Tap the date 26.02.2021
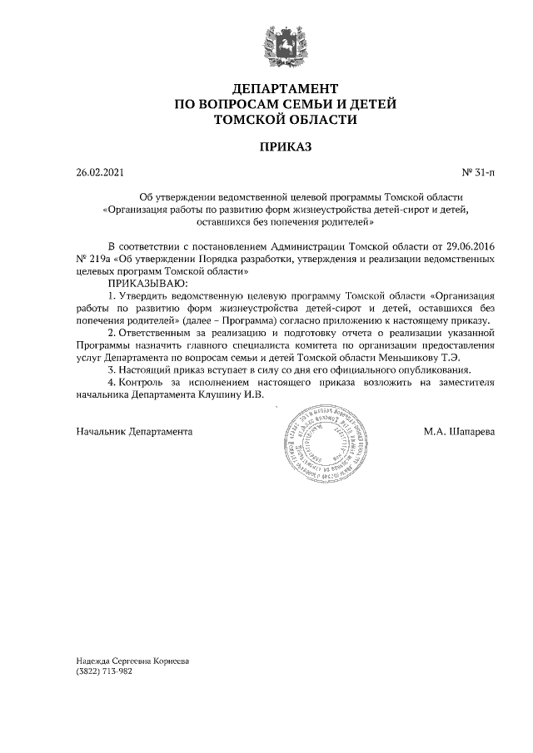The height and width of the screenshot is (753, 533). tap(99, 173)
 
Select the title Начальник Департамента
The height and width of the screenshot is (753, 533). tap(134, 433)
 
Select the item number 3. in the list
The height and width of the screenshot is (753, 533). tap(112, 369)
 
